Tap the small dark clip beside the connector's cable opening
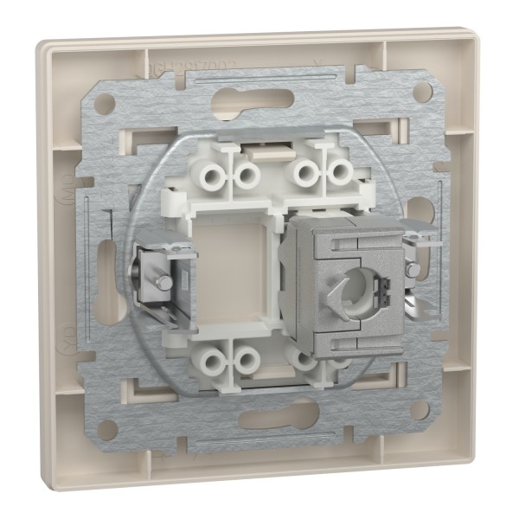387,270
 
